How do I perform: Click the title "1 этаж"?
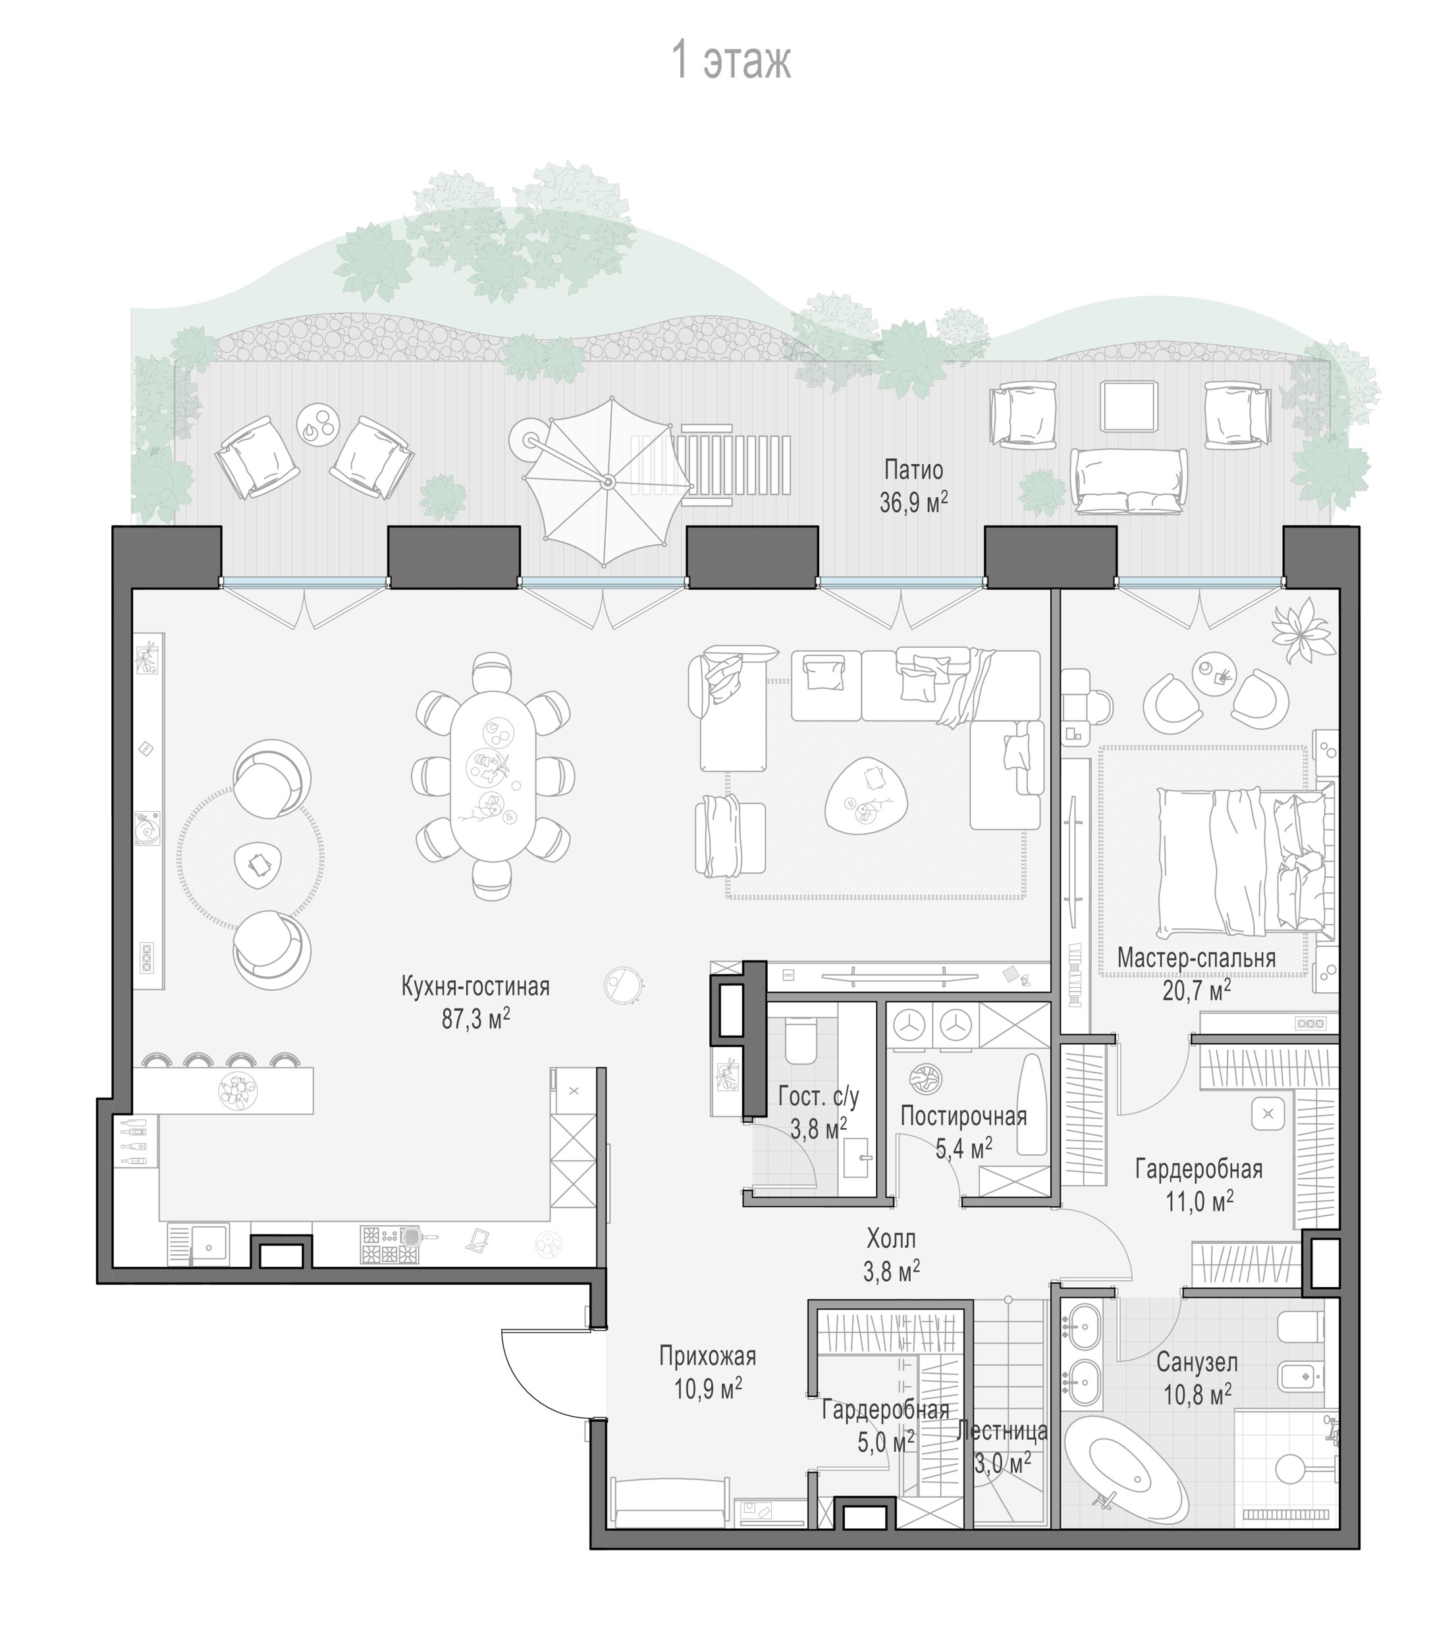tap(731, 61)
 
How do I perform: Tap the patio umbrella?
tap(607, 481)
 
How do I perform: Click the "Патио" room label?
tap(913, 469)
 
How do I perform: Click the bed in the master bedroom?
tap(1245, 862)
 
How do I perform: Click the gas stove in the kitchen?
tap(391, 1245)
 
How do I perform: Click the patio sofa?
tap(1128, 481)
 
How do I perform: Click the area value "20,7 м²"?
tap(1197, 989)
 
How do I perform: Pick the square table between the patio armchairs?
tap(1130, 407)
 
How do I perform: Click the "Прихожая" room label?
tap(708, 1356)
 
